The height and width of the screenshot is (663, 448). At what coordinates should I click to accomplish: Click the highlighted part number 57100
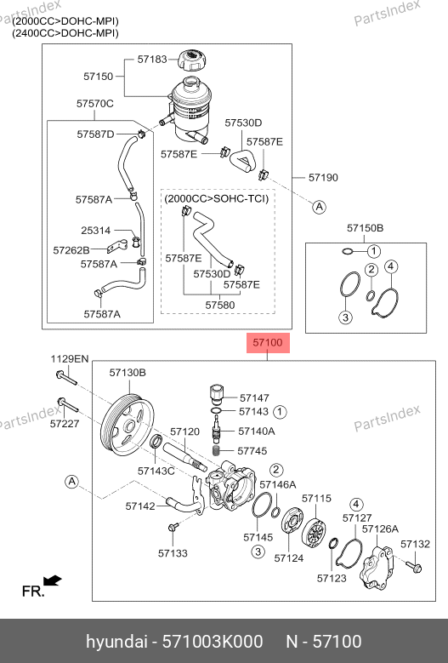point(267,342)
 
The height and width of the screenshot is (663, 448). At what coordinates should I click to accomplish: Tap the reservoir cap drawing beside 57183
point(194,61)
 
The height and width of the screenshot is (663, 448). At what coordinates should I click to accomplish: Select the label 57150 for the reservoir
point(99,76)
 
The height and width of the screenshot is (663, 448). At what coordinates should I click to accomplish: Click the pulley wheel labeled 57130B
point(128,425)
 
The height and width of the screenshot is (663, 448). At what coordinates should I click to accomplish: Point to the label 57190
point(323,178)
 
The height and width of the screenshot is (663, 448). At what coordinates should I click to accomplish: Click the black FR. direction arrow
point(53,580)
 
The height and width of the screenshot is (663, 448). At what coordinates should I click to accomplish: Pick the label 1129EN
point(70,359)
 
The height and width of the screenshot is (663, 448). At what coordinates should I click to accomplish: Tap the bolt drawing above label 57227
point(67,404)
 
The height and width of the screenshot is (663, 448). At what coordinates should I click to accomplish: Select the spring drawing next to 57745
point(216,450)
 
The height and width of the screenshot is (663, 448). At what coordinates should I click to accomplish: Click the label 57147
point(254,397)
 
